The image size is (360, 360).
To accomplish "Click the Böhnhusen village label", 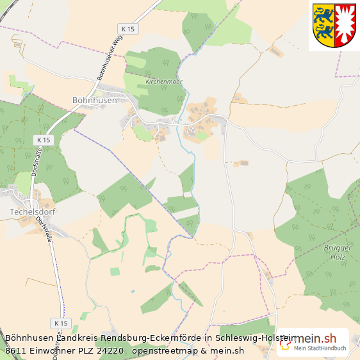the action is click(x=95, y=100).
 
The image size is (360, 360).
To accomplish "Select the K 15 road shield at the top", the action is click(x=128, y=29).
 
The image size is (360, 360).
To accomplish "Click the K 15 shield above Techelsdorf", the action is click(x=44, y=140).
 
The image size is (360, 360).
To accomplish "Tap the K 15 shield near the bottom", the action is click(x=61, y=323).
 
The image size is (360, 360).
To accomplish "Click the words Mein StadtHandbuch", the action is click(x=320, y=348).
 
